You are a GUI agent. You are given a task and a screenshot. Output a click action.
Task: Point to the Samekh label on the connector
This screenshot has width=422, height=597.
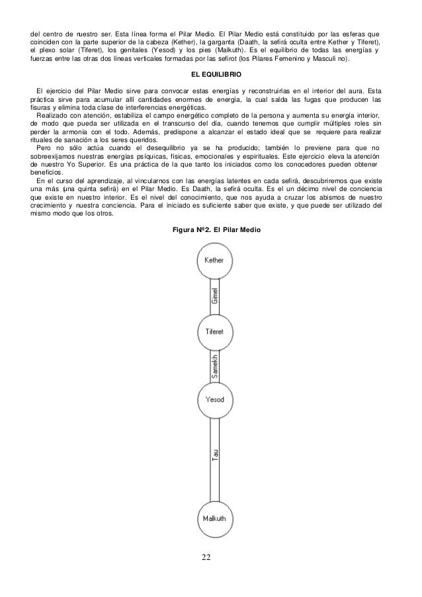coord(214,365)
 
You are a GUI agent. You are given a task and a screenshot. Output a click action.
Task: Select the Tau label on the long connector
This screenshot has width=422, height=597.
coord(215,457)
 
